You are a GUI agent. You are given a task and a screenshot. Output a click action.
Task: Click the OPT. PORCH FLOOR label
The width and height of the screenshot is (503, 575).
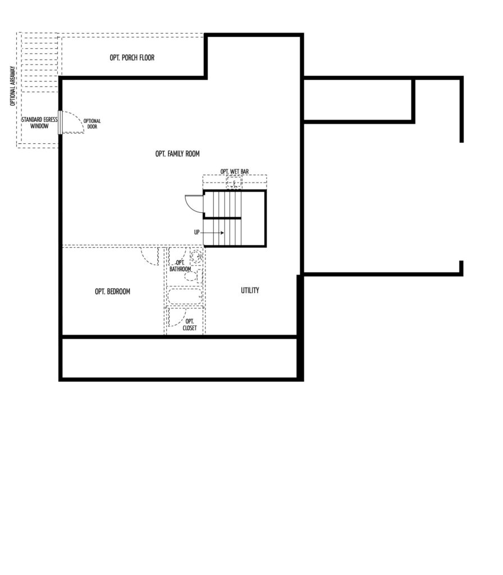tap(132, 58)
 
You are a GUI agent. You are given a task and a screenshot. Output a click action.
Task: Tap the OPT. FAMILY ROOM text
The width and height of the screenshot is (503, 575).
tap(177, 154)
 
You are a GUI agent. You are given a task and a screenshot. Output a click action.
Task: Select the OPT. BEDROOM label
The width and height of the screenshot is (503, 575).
tap(112, 291)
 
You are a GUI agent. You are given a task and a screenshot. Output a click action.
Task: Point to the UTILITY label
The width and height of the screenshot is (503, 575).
tap(250, 290)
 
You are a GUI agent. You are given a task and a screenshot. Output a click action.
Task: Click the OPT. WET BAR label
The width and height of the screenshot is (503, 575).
tap(235, 171)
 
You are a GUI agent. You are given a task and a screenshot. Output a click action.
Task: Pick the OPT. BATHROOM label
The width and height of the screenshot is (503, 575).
tap(180, 266)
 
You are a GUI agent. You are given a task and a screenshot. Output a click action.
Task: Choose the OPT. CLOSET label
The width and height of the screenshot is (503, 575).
tap(190, 325)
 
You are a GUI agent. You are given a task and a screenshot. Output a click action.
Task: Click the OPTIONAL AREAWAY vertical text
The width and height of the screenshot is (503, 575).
tap(13, 86)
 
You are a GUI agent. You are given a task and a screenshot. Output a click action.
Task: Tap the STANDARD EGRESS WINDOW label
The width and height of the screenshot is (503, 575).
tap(39, 123)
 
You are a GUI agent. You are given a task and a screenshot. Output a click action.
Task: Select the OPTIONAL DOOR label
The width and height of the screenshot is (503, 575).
tap(92, 124)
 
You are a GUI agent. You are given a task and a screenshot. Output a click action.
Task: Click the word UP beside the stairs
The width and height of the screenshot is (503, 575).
tap(197, 232)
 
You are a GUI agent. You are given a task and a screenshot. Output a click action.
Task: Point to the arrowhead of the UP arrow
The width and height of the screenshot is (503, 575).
tap(222, 232)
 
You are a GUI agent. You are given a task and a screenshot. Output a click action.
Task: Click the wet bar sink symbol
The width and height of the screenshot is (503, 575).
tap(234, 182)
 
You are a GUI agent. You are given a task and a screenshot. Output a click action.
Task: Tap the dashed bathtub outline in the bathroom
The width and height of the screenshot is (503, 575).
tap(184, 296)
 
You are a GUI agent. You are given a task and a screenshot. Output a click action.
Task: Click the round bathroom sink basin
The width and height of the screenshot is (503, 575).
tap(196, 255)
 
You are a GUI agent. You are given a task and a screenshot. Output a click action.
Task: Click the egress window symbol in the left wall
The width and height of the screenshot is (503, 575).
tap(61, 122)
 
